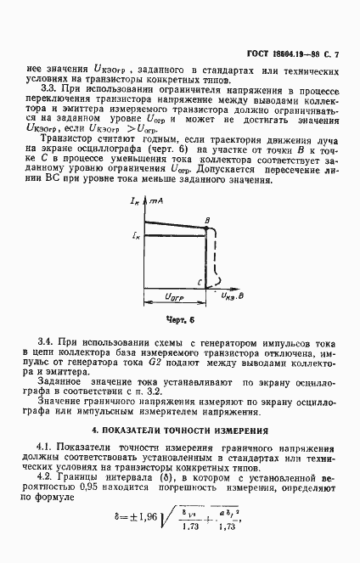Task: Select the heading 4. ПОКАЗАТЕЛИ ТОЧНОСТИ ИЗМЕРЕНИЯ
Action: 179,431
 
